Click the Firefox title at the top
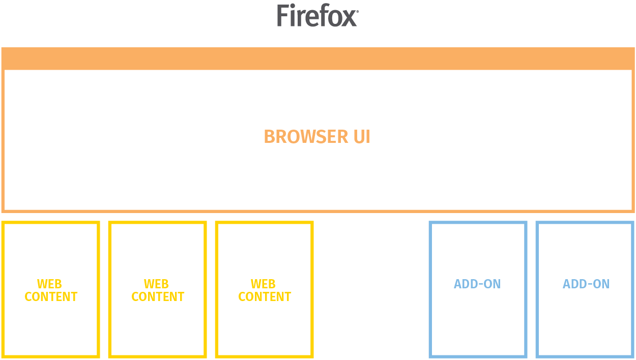pos(317,15)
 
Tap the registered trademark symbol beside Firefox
pos(357,11)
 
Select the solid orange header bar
pos(318,58)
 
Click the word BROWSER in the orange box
pos(306,137)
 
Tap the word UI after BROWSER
pos(362,137)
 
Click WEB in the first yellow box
pos(49,284)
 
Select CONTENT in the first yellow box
pos(51,297)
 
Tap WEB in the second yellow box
pos(156,284)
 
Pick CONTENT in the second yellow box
pos(158,297)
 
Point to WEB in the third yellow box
pos(263,284)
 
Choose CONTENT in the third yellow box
pos(265,297)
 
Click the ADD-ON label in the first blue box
pos(477,284)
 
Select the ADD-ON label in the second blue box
pos(586,284)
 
